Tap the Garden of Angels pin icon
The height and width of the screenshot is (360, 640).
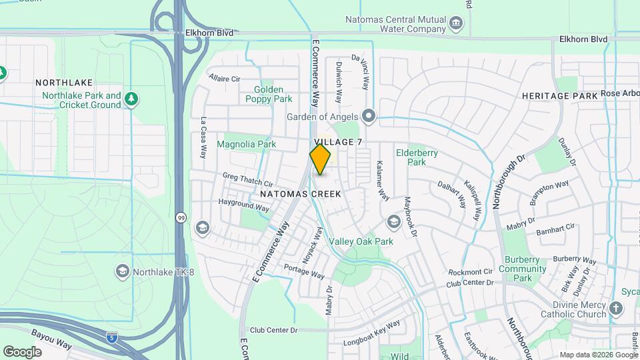[x=369, y=117]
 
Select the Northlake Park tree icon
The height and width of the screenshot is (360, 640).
[x=131, y=99]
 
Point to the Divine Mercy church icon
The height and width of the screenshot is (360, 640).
[x=615, y=309]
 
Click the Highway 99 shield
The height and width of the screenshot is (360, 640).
[x=181, y=217]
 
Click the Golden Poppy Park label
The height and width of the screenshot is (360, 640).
[x=269, y=94]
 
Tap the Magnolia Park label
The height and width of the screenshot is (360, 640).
[x=246, y=144]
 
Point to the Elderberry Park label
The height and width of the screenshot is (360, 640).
[x=417, y=157]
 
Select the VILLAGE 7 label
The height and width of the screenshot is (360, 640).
[x=338, y=143]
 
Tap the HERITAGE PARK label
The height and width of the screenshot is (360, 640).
[x=559, y=96]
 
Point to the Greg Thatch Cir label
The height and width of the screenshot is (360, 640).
[x=248, y=180]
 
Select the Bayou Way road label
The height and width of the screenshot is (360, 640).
[x=51, y=338]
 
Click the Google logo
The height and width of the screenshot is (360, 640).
[x=22, y=351]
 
